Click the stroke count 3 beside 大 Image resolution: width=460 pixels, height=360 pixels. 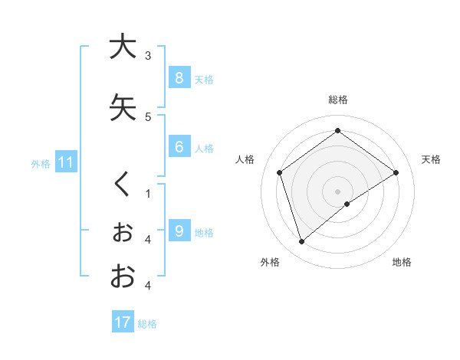tap(148, 55)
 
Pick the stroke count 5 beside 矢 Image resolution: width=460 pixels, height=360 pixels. tap(148, 116)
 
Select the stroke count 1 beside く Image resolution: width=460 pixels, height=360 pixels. tap(148, 194)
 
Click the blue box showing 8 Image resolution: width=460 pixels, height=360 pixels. tap(179, 78)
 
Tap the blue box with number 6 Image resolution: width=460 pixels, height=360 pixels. tap(179, 147)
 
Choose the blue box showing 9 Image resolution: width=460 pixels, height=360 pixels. tap(179, 231)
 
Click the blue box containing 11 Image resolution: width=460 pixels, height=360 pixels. tap(66, 162)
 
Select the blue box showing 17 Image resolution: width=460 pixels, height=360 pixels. tap(123, 322)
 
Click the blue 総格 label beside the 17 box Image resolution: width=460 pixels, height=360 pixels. tap(147, 324)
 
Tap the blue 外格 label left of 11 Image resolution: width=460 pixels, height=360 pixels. tap(41, 163)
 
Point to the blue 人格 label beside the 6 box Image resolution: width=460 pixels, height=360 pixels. tap(204, 149)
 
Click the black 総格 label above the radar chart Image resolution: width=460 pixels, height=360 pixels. tap(337, 100)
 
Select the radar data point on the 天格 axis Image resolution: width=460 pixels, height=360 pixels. tap(396, 172)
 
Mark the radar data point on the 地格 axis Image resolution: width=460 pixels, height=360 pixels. tap(347, 204)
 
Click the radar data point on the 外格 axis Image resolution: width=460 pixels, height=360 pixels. tap(302, 241)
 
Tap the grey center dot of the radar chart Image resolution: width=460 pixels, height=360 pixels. tap(337, 191)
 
